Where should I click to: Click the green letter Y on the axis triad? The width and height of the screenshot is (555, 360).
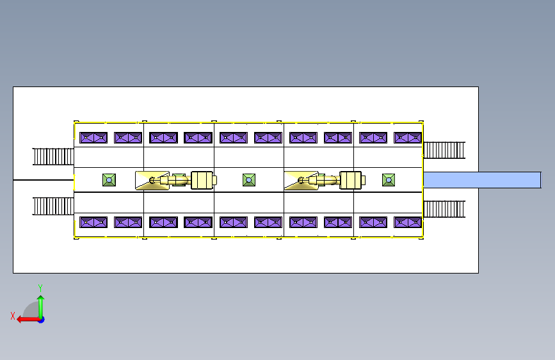coord(40,288)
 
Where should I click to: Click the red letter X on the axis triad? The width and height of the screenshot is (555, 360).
coord(13,316)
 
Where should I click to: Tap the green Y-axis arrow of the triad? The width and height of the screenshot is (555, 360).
coord(41,307)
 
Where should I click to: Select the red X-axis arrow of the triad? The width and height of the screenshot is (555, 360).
coord(29,320)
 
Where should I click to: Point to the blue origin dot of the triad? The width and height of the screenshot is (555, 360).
coord(42,320)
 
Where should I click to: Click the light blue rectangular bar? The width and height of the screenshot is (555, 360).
coord(482,180)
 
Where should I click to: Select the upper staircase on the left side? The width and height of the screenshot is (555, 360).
coord(53,156)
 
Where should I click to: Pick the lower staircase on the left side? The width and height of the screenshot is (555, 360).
coord(53,206)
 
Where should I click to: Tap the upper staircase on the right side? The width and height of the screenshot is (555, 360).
coord(444,151)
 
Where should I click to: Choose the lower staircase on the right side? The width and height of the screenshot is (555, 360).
coord(444,209)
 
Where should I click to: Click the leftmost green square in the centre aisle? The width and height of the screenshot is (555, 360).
coord(109,180)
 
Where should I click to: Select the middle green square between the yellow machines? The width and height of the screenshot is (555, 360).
coord(249,180)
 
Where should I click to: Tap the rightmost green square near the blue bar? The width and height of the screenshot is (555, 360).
coord(389,180)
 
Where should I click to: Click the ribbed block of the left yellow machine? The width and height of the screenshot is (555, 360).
coord(202,180)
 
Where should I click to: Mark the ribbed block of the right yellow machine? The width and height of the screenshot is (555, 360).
coord(350,180)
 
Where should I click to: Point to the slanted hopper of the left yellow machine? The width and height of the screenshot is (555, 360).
coord(152,181)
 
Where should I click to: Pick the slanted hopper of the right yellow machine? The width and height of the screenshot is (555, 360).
coord(301,181)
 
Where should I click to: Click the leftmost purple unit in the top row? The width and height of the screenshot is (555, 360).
coord(93,138)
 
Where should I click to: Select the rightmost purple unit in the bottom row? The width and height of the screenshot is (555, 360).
coord(408,222)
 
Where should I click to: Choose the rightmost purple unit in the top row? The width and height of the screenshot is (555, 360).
coord(408,138)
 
